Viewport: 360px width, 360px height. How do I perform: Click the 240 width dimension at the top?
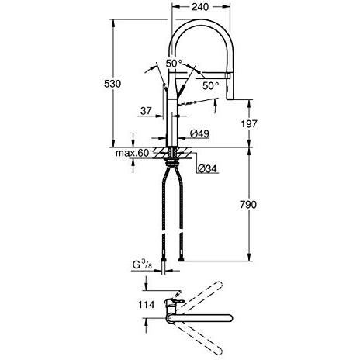(200, 7)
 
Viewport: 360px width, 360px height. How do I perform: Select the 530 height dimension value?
(112, 84)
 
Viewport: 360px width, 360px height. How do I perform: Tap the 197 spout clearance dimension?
(249, 124)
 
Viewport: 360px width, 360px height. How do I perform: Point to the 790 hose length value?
(248, 205)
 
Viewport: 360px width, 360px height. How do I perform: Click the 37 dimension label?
(146, 111)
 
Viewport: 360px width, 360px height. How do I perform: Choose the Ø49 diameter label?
(199, 133)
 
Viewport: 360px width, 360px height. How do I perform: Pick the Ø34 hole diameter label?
(207, 168)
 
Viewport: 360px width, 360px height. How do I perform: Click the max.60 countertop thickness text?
(132, 153)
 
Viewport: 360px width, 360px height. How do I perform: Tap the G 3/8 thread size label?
(142, 265)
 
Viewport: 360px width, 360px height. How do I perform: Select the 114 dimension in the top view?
(147, 305)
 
